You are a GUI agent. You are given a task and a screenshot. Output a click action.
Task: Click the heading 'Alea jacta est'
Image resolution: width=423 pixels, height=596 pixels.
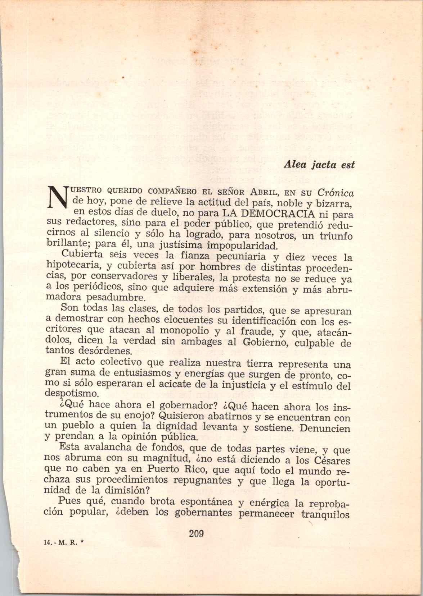pos(319,165)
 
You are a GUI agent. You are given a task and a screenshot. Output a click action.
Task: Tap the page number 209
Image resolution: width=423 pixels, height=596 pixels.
pos(197,533)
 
